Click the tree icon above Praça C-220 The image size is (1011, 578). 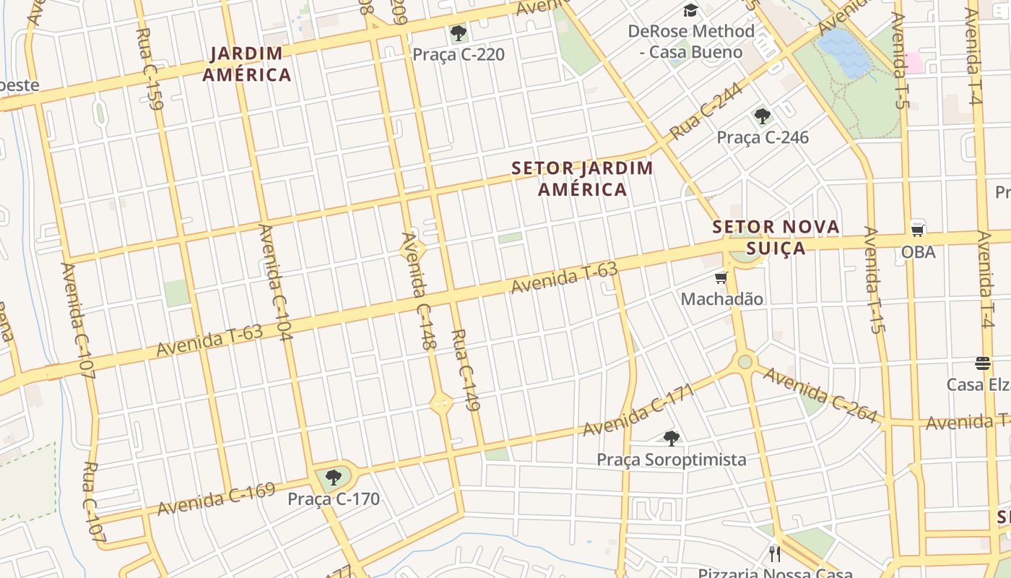point(458,33)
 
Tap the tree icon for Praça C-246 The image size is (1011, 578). point(762,116)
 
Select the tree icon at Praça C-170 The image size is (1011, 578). point(333,478)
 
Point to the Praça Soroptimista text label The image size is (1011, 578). point(672,460)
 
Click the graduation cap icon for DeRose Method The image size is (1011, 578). point(691,10)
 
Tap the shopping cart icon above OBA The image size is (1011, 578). point(918,230)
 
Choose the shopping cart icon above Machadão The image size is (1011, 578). point(721,278)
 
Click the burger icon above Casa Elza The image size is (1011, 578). point(982,362)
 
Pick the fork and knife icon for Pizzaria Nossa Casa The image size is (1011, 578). point(775,554)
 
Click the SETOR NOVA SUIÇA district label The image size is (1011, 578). point(776,238)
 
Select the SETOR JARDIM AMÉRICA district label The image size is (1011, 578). point(582,179)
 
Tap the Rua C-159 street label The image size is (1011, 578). point(149,69)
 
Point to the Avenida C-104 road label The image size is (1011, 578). point(275,282)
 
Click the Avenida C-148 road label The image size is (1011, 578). point(420,291)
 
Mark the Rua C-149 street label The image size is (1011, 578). point(466,370)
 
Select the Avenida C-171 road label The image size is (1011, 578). point(638,410)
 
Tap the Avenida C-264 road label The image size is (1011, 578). point(820,396)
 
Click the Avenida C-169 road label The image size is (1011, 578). point(217,499)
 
